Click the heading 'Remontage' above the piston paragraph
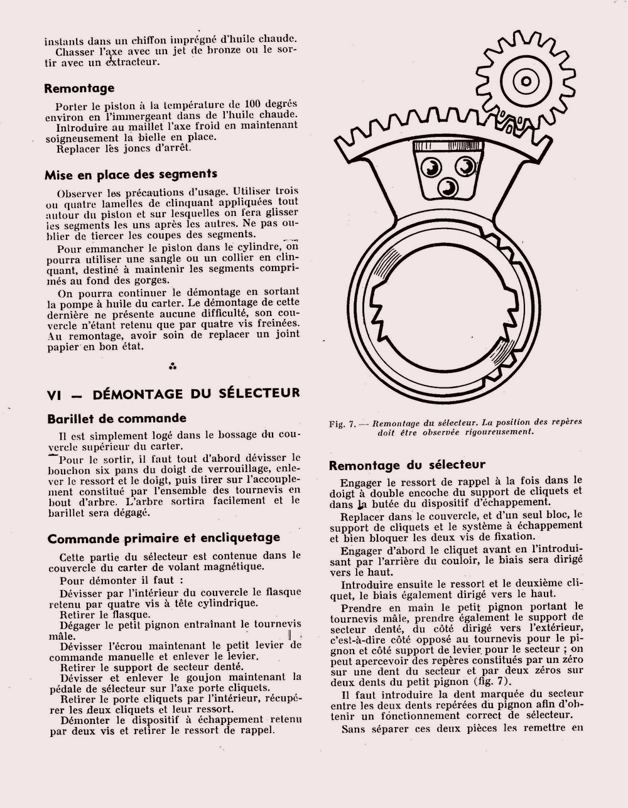pos(79,89)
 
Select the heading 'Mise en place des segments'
pos(131,175)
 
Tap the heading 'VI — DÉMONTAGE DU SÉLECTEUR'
pos(173,394)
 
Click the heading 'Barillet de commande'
pos(117,419)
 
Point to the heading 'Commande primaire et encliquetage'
pos(163,538)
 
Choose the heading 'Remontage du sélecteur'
pos(407,465)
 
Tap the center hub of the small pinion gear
pos(522,81)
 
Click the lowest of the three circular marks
pos(449,186)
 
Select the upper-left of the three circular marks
pos(431,167)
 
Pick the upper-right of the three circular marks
pos(465,166)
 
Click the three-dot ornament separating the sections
pos(173,365)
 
